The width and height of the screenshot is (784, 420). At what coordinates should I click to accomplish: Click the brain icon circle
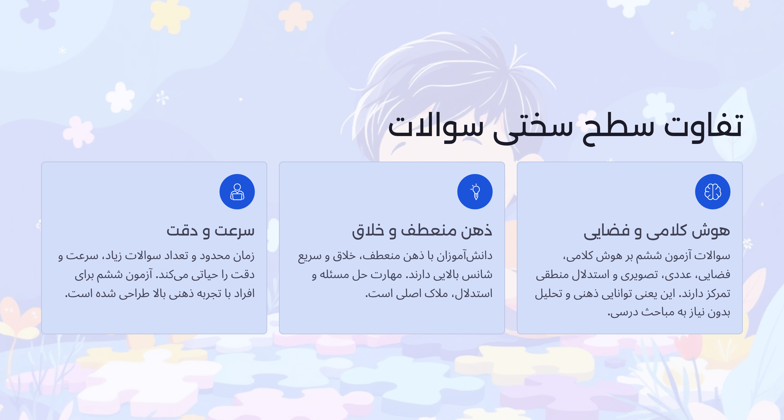712,192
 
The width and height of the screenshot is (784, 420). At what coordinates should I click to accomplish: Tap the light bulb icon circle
475,192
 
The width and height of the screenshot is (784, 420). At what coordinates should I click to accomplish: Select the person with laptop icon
237,192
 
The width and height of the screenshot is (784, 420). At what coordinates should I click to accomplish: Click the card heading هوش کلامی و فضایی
657,231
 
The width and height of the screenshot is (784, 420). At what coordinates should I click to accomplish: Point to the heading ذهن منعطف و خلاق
422,231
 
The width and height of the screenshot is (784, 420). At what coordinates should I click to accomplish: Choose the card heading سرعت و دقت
210,231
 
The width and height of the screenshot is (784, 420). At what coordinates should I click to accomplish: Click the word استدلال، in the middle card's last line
473,293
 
